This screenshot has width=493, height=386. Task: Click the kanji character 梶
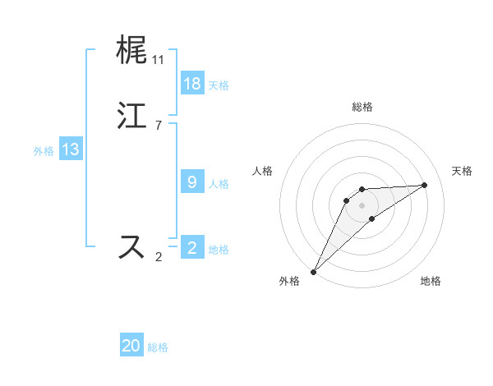[x=132, y=50]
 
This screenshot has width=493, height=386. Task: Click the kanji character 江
[x=132, y=116]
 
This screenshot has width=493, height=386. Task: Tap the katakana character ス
[x=132, y=247]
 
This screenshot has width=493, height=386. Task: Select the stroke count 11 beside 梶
[x=158, y=60]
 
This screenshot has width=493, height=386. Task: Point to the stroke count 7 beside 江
[x=158, y=126]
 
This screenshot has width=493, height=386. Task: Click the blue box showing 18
[x=191, y=84]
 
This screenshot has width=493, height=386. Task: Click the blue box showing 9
[x=191, y=182]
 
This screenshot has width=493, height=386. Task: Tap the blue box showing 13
[x=71, y=149]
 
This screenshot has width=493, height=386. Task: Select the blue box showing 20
[x=131, y=346]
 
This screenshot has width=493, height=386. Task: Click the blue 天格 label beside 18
[x=219, y=85]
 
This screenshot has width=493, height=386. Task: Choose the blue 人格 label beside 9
[x=219, y=184]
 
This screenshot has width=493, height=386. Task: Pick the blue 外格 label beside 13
[x=44, y=151]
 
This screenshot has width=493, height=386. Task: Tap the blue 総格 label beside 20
[x=158, y=347]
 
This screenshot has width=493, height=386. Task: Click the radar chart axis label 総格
[x=362, y=107]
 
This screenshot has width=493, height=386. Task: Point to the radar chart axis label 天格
[x=463, y=171]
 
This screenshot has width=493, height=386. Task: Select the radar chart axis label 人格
[x=262, y=171]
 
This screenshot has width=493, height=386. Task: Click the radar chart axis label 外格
[x=289, y=282]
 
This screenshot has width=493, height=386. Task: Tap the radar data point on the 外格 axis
[x=313, y=272]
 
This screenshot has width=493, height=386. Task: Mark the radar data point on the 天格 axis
[x=425, y=185]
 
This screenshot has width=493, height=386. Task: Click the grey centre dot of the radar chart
[x=362, y=204]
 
